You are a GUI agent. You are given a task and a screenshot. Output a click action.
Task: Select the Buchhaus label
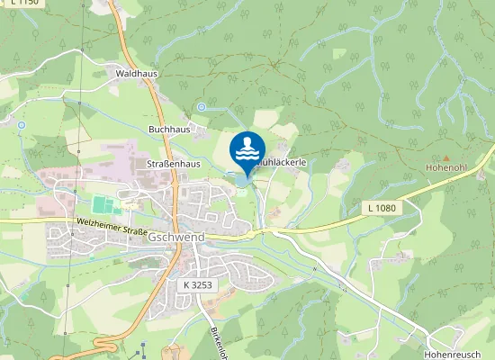(168, 129)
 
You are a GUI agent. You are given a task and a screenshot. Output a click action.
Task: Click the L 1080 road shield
(381, 208)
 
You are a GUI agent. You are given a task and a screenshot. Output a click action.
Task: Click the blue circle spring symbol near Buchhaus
(202, 107)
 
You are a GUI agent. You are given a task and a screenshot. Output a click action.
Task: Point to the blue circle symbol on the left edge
(20, 122)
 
